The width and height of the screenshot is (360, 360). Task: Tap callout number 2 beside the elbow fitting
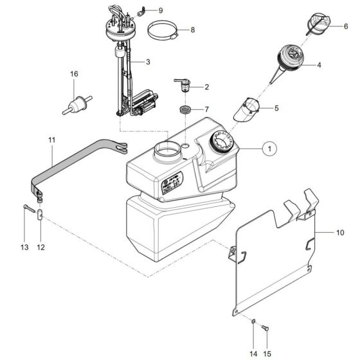click(x=206, y=86)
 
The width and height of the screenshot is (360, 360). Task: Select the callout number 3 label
click(x=148, y=62)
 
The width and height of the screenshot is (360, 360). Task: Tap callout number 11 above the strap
click(x=51, y=139)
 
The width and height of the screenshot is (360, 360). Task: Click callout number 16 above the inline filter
click(x=74, y=75)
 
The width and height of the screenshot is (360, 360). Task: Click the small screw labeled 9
click(x=138, y=10)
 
